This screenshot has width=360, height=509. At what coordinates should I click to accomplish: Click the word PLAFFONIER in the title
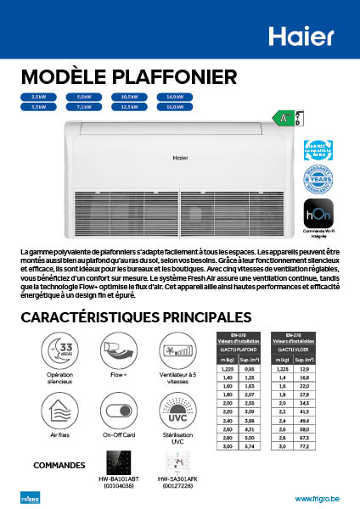pyautogui.click(x=173, y=78)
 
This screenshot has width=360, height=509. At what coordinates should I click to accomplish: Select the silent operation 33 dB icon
pyautogui.click(x=59, y=350)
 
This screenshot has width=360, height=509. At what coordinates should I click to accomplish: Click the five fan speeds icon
pyautogui.click(x=177, y=350)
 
